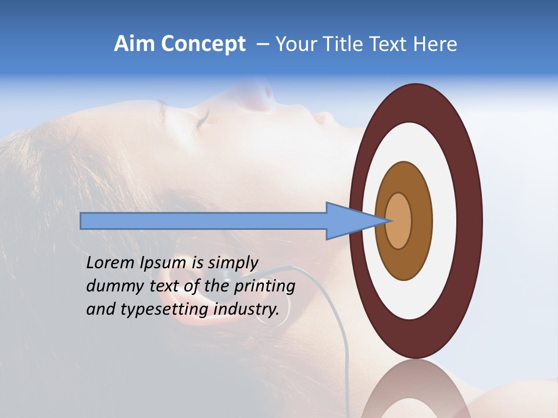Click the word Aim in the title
pos(134,44)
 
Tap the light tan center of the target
pos(399,221)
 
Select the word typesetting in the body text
pos(163,309)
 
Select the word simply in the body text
pos(233,263)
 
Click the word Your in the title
pos(294,44)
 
